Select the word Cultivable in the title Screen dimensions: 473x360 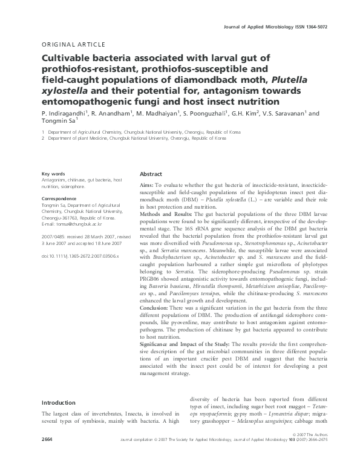65,59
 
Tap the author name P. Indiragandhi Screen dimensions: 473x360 64,113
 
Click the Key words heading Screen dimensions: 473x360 53,174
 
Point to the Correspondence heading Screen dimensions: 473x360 59,198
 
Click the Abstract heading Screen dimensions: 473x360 151,174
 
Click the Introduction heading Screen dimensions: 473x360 59,402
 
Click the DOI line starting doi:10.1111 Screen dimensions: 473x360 80,256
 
